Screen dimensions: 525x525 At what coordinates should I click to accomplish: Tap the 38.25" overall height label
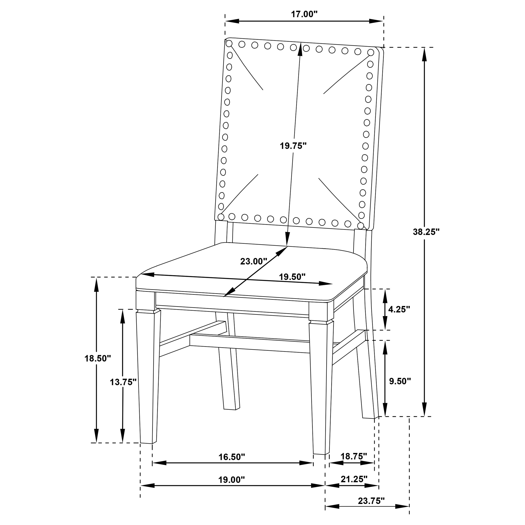426,232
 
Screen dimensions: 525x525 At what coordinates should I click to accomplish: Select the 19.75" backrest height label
293,146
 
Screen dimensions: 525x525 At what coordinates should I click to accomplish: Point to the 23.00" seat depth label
253,261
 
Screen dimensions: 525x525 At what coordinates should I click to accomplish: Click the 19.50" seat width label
292,277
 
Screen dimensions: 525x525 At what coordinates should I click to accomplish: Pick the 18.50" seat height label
98,358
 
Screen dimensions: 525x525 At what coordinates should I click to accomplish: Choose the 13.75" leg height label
123,382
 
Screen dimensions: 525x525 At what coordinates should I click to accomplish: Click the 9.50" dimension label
400,381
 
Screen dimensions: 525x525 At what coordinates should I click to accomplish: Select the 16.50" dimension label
232,457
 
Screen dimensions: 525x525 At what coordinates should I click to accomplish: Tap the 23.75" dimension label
371,501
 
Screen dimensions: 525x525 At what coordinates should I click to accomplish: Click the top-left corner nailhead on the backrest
229,43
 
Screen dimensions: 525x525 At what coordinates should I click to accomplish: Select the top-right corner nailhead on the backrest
371,52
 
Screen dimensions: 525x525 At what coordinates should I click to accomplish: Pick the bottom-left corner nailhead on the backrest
221,217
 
